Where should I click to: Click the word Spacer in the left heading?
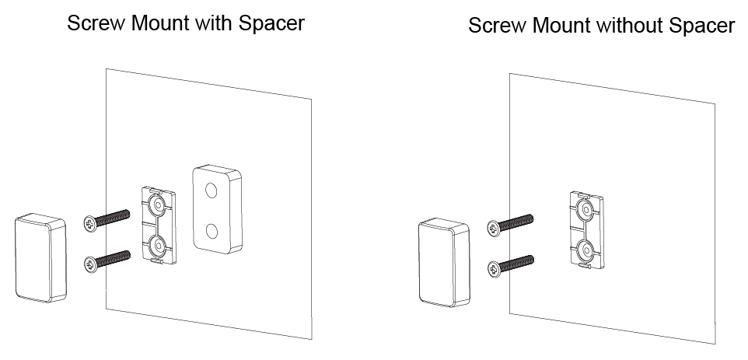[x=271, y=23]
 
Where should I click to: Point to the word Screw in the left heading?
[x=96, y=23]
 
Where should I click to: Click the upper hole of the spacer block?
[x=211, y=191]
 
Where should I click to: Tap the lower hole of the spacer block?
[x=211, y=232]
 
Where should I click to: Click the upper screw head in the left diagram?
[x=89, y=223]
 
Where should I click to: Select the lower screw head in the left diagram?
[x=89, y=264]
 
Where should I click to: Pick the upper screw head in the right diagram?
[x=494, y=228]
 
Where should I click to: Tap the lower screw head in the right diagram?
[x=495, y=269]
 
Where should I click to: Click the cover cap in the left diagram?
[x=40, y=257]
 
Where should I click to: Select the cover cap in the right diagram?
[x=444, y=262]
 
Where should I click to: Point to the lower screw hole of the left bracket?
[x=158, y=246]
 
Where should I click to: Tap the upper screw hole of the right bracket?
[x=585, y=209]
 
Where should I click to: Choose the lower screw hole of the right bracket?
[x=585, y=250]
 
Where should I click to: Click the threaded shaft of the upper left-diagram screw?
[x=113, y=218]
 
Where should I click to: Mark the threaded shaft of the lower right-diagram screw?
[x=516, y=264]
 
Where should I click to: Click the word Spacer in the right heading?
[x=702, y=26]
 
